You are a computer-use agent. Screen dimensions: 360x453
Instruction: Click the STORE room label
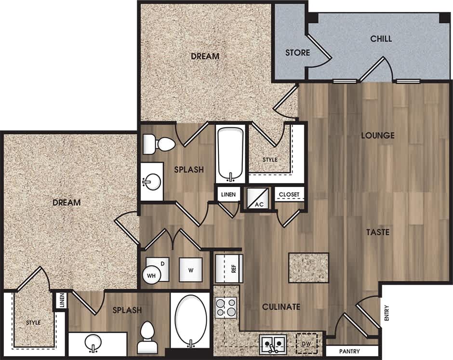(297, 52)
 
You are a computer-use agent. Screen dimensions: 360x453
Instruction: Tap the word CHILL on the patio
(381, 39)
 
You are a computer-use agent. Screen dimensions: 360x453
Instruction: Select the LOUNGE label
(378, 135)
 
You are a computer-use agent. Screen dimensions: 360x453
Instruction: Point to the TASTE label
(377, 232)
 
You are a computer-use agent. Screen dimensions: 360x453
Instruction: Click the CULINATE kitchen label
(281, 307)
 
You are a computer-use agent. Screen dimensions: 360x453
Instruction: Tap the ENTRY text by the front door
(386, 316)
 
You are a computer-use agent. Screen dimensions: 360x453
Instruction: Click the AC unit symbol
(259, 198)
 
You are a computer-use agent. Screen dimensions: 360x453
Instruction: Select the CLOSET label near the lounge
(290, 195)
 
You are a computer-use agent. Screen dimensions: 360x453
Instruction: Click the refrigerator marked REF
(229, 268)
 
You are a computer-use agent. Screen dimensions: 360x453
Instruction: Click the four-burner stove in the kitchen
(226, 307)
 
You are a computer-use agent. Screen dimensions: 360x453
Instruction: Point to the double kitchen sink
(273, 344)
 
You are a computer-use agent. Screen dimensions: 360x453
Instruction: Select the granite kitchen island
(308, 267)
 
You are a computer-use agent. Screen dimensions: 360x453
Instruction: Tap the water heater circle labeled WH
(151, 276)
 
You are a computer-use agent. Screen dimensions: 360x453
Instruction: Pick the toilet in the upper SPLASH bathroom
(160, 143)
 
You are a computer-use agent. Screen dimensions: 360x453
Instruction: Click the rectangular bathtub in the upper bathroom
(230, 153)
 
